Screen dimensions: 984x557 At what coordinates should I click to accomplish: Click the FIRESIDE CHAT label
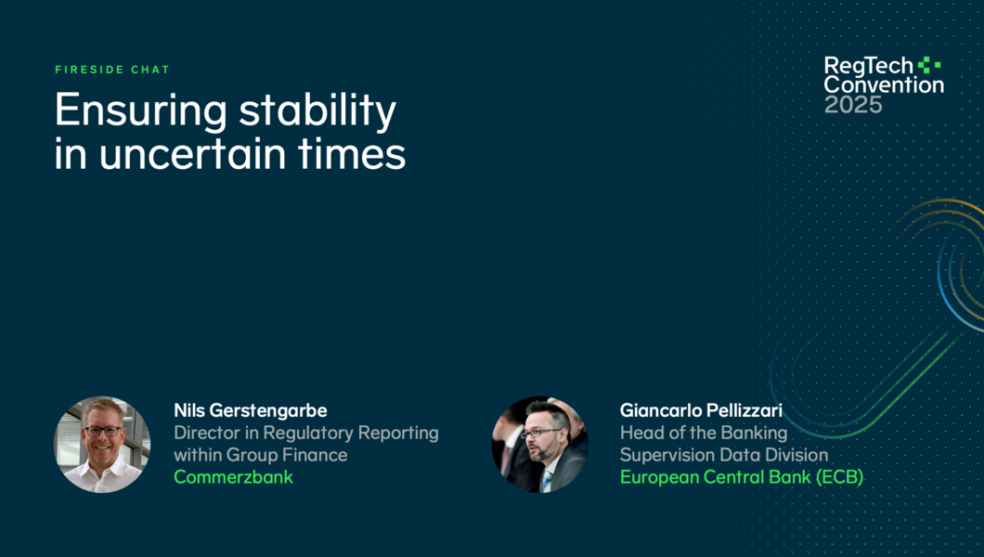click(x=112, y=70)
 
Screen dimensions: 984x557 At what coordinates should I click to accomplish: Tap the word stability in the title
click(x=317, y=110)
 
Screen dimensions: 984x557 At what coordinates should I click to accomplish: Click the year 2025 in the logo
click(x=853, y=105)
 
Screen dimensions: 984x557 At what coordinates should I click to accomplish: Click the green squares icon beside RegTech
click(x=929, y=65)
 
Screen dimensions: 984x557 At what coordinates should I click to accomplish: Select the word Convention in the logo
click(x=884, y=84)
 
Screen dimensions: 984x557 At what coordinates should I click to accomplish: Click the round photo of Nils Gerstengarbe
click(x=102, y=444)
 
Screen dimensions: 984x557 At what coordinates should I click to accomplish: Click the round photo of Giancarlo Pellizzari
click(x=539, y=444)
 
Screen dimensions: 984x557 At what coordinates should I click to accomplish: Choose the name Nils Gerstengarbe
click(x=251, y=410)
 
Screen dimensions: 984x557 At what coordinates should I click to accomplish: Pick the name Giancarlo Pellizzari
click(x=701, y=410)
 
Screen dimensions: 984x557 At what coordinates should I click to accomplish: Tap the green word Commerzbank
click(x=233, y=477)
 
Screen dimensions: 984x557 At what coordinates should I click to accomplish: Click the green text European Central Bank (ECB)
click(x=742, y=477)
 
